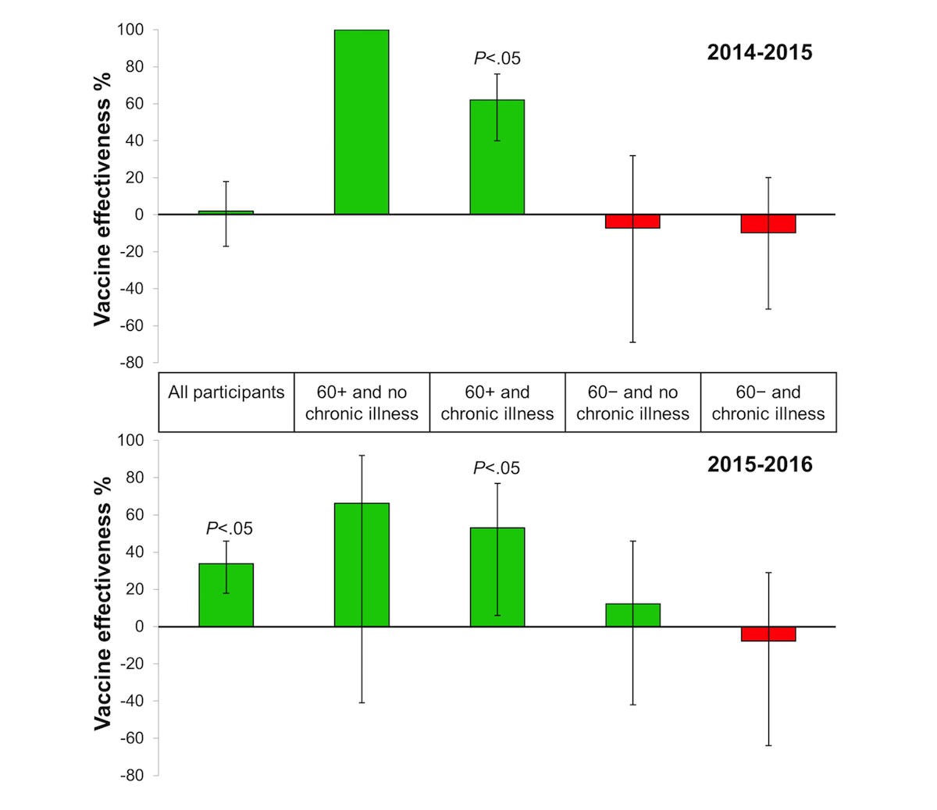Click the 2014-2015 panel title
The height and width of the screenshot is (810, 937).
pos(759,52)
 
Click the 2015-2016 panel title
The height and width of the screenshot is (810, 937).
pos(759,464)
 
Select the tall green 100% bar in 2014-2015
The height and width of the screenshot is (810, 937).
pos(362,123)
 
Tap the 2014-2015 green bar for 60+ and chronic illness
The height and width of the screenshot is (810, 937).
pos(497,157)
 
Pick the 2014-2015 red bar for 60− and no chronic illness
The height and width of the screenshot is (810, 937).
pos(632,222)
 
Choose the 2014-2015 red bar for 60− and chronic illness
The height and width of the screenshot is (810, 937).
pos(768,224)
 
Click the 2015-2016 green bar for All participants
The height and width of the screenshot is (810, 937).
pos(226,595)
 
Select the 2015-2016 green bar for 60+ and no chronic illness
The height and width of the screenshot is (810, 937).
pos(362,565)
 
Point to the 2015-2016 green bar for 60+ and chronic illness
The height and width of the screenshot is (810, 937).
pos(497,577)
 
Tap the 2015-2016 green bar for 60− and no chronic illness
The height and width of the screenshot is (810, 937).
pos(632,615)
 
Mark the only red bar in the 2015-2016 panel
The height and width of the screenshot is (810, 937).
pos(768,634)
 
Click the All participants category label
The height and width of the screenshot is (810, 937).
pos(226,393)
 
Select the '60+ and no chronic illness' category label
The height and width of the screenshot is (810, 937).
pos(362,403)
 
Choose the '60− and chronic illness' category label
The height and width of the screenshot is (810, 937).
pos(768,403)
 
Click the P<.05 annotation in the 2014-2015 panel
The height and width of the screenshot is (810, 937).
pos(497,59)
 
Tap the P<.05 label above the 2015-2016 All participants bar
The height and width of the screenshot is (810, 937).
pos(230,529)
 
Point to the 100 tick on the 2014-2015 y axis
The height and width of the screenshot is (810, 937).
pos(130,30)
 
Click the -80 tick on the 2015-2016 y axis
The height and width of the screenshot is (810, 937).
pos(132,776)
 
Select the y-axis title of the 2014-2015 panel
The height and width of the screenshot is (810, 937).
pos(102,199)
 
